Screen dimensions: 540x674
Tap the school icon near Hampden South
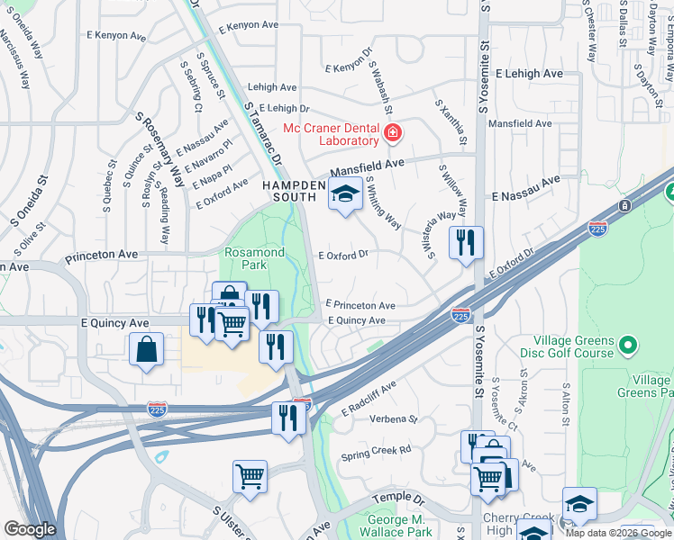pos(344,194)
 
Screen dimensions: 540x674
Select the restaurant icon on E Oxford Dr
pos(466,242)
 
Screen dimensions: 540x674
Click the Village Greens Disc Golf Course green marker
pos(628,345)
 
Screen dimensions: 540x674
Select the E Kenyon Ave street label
pos(117,37)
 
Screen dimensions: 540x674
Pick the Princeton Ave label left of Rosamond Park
pos(101,255)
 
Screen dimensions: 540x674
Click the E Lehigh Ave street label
pos(529,74)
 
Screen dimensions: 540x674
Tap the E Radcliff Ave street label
pos(369,399)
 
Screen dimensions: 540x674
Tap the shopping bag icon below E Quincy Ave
pos(146,349)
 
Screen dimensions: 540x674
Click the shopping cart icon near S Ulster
pos(250,476)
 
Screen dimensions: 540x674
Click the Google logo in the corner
pos(30,529)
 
